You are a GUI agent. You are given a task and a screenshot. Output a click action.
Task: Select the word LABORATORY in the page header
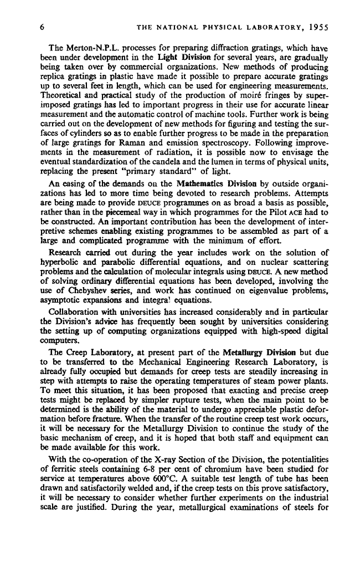click(x=264, y=25)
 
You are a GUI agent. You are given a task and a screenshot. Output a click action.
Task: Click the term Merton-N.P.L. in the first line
click(x=90, y=47)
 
